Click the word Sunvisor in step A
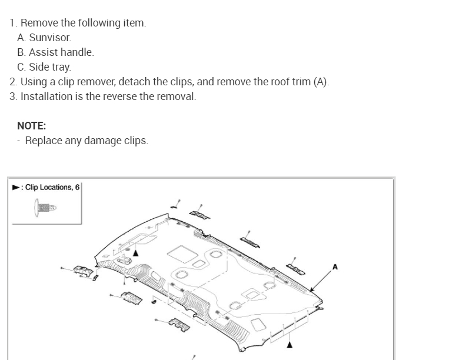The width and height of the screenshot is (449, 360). pos(50,38)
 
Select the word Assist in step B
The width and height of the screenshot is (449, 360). pos(44,52)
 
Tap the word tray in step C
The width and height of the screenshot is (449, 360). pos(61,67)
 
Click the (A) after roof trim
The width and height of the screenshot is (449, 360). pos(320,82)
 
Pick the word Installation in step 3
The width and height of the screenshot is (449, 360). pos(46,96)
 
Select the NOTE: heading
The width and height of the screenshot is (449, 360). pos(32,126)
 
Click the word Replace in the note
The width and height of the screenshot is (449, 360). pos(43,141)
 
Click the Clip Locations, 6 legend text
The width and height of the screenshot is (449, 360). pos(52,188)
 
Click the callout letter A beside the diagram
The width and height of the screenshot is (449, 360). pos(335,267)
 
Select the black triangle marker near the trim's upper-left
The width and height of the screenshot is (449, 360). pos(135,252)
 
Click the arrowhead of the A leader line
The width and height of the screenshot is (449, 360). pos(311,290)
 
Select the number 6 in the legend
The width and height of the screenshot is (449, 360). pos(77,188)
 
